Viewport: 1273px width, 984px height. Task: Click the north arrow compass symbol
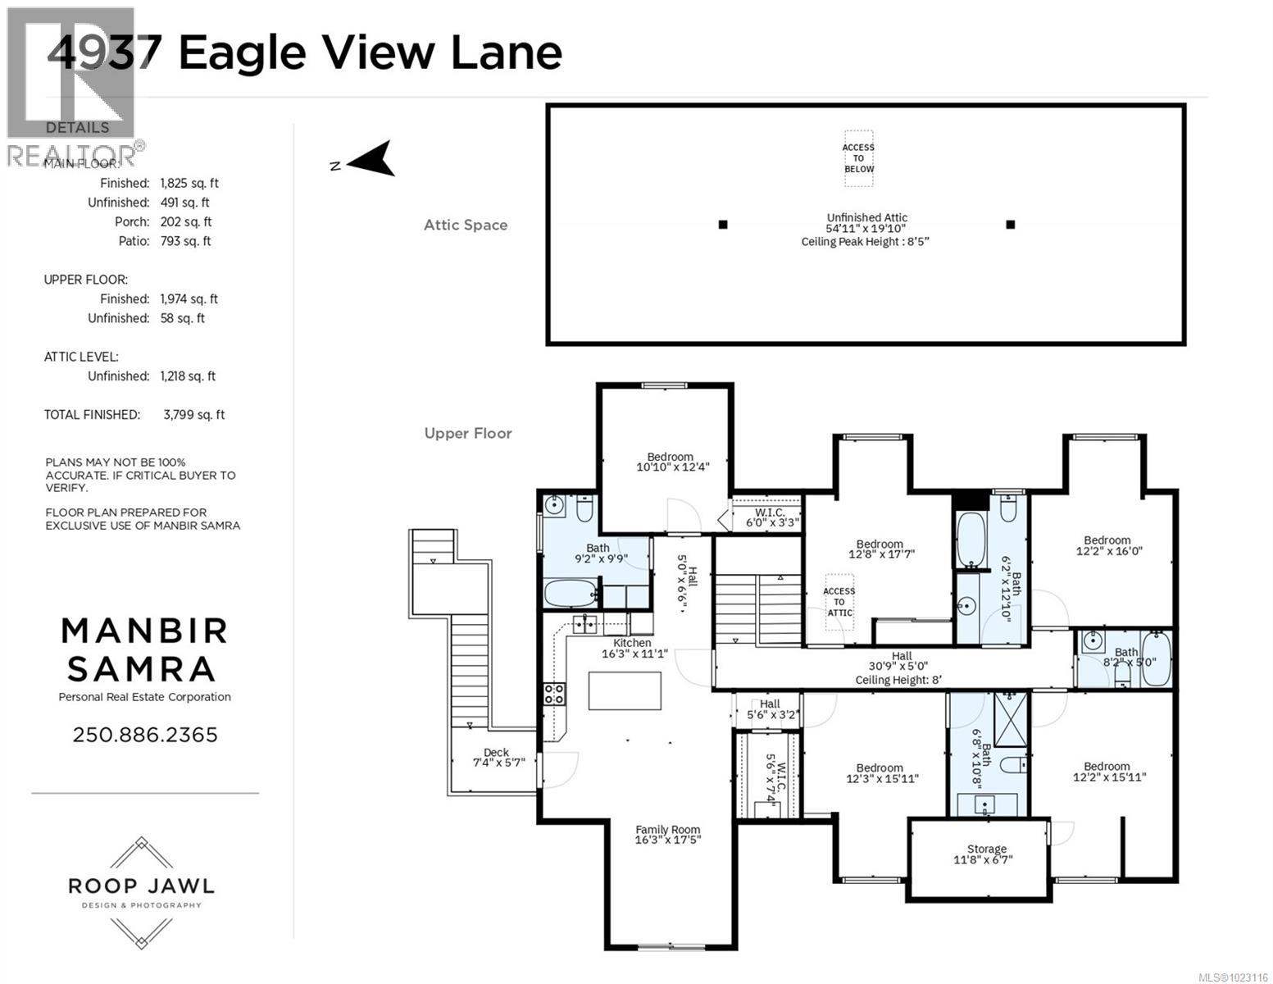371,160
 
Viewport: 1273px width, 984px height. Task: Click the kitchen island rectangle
625,690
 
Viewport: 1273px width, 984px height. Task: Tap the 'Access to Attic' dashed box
839,602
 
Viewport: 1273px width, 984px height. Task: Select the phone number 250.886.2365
145,735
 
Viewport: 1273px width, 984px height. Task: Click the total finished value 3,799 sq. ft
193,415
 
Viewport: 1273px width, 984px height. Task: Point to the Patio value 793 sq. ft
185,241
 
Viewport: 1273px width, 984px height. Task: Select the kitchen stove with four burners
554,694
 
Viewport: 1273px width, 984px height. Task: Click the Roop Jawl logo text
141,886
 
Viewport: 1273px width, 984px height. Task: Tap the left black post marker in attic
722,225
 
